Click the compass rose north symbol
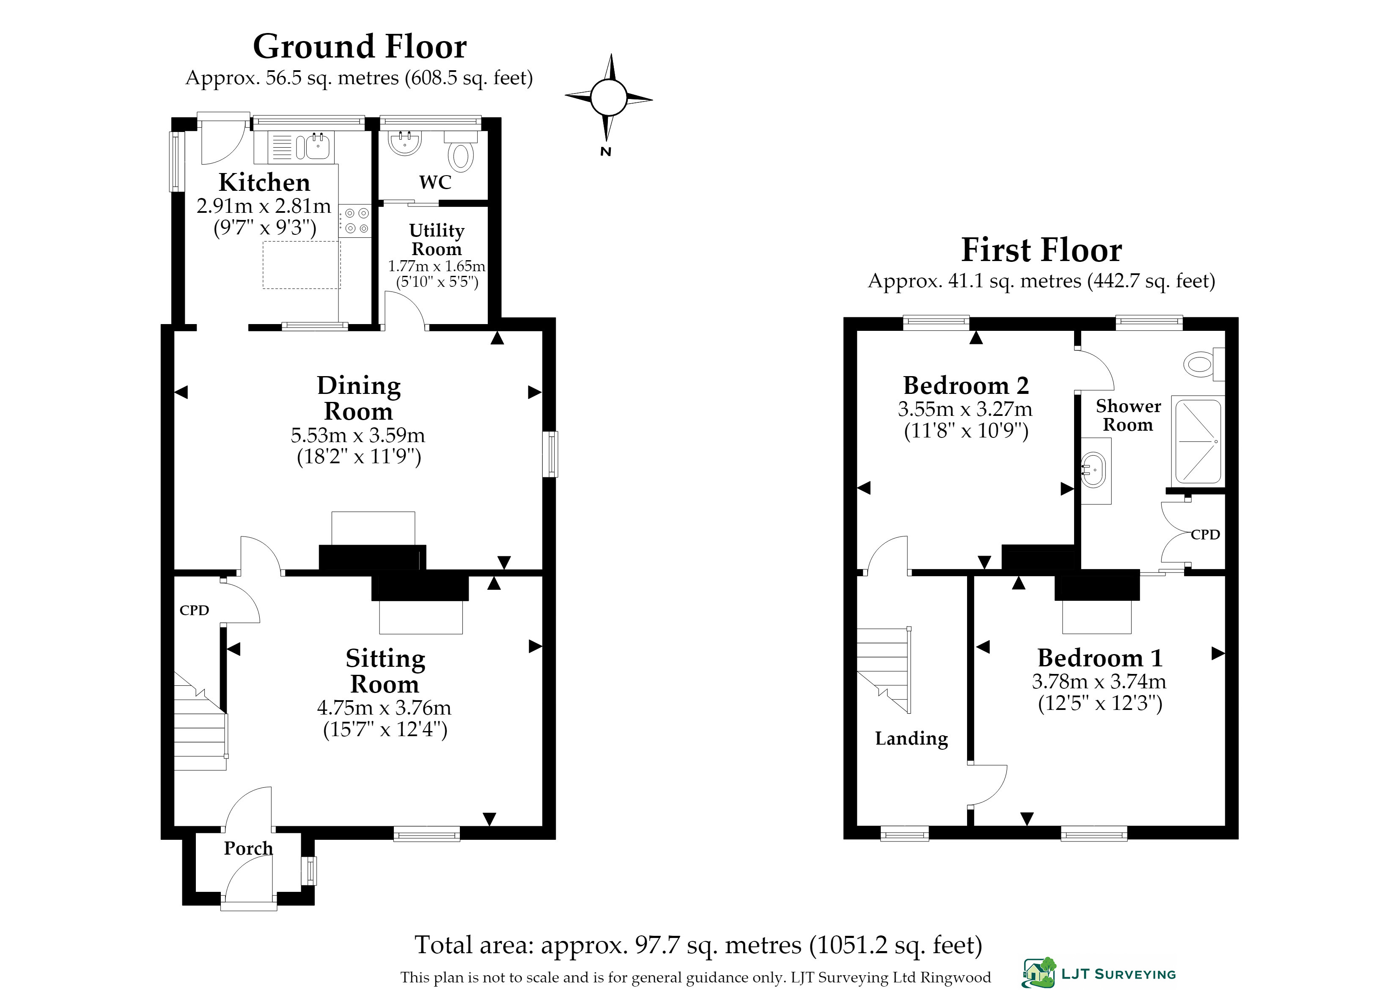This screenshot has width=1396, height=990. pyautogui.click(x=608, y=98)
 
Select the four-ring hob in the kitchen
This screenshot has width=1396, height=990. pyautogui.click(x=355, y=221)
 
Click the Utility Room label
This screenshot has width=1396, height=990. pyautogui.click(x=437, y=239)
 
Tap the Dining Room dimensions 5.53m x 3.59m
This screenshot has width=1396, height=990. pyautogui.click(x=358, y=435)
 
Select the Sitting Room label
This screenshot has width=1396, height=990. pyautogui.click(x=385, y=671)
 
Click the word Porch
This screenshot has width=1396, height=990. pyautogui.click(x=248, y=849)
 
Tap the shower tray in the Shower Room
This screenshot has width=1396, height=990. pyautogui.click(x=1197, y=441)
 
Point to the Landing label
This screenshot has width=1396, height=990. pyautogui.click(x=911, y=739)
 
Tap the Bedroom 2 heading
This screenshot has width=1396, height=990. pyautogui.click(x=966, y=385)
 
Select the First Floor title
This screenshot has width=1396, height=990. pyautogui.click(x=1041, y=250)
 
